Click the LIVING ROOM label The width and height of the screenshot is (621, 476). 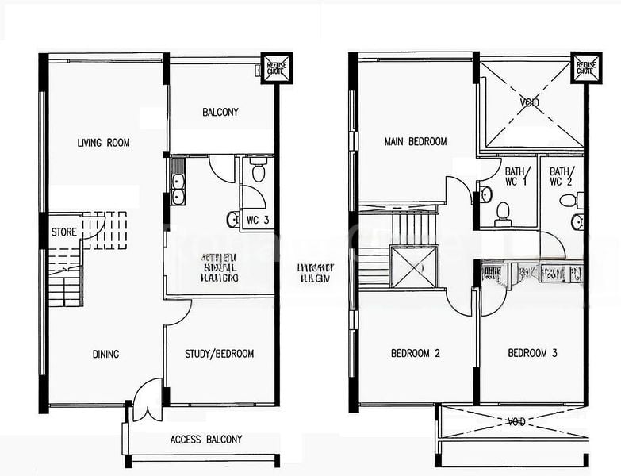[x=103, y=143]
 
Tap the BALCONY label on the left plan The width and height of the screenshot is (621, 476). [x=220, y=112]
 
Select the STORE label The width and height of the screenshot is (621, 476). [x=64, y=233]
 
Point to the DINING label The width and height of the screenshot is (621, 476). [x=105, y=354]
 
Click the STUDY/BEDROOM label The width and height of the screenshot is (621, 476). [x=219, y=354]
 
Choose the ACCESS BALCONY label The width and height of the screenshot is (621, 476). [x=206, y=440]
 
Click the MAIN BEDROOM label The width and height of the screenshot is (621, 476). [x=415, y=142]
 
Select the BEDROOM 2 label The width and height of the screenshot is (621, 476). [x=415, y=353]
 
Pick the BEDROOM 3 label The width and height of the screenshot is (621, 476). [x=532, y=353]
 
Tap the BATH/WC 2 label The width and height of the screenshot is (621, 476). [x=560, y=176]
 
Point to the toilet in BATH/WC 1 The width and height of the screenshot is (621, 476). [x=501, y=211]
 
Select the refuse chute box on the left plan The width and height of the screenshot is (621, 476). [x=277, y=68]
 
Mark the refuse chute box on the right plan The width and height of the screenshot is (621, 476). [x=586, y=68]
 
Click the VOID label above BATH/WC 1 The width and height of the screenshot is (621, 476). [x=529, y=103]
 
